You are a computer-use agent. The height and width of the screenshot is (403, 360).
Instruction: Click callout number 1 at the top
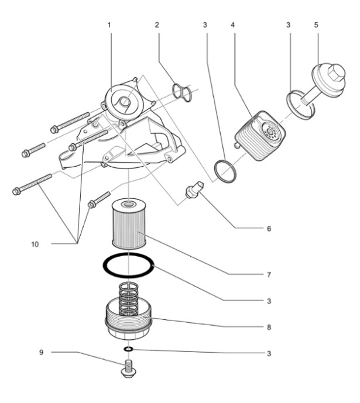(x=109, y=25)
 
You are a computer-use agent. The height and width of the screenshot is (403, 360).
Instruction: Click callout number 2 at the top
(x=157, y=25)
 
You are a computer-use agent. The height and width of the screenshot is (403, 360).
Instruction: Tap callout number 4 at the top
(x=233, y=25)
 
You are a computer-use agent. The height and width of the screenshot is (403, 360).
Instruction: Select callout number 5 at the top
(x=316, y=25)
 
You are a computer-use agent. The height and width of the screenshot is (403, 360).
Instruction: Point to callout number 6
(x=269, y=229)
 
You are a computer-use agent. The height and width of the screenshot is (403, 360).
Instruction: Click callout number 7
(x=269, y=275)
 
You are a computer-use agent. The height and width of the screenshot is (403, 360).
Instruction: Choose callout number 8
(x=269, y=327)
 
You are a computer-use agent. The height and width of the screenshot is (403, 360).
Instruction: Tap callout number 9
(x=42, y=352)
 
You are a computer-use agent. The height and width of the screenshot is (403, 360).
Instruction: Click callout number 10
(x=35, y=244)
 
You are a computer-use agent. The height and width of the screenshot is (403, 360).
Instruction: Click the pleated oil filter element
(x=129, y=223)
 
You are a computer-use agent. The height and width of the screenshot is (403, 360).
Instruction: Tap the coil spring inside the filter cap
(x=128, y=298)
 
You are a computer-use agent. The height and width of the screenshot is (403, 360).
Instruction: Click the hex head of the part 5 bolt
(x=335, y=72)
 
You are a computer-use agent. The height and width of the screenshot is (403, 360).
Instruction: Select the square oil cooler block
(x=260, y=136)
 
